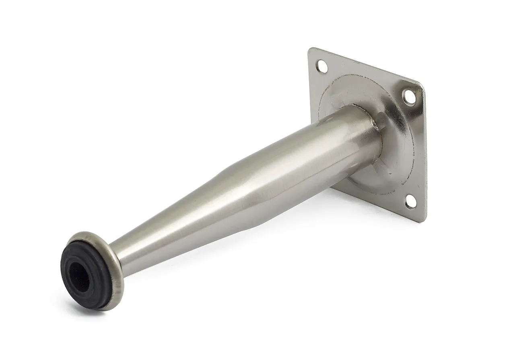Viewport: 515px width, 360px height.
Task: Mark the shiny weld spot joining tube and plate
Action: (x=375, y=127)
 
